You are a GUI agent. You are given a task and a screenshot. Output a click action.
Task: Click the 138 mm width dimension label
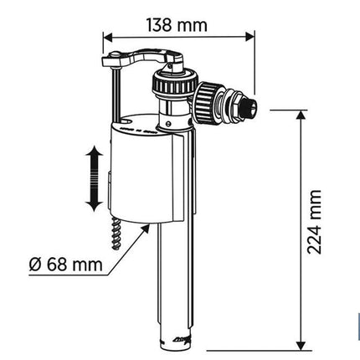pyautogui.click(x=177, y=25)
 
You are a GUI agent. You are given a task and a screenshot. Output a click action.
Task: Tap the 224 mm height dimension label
pyautogui.click(x=314, y=222)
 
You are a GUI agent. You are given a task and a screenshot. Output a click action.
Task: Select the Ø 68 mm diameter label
pyautogui.click(x=66, y=264)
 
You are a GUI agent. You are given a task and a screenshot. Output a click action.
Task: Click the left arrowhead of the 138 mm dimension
pyautogui.click(x=108, y=36)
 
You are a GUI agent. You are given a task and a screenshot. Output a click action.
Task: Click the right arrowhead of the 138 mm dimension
pyautogui.click(x=250, y=36)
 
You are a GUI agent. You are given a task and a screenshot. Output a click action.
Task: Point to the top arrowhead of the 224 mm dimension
pyautogui.click(x=301, y=115)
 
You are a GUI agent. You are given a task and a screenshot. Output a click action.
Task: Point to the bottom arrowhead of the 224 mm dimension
pyautogui.click(x=301, y=346)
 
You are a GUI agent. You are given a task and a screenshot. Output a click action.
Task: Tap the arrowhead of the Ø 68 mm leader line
pyautogui.click(x=146, y=228)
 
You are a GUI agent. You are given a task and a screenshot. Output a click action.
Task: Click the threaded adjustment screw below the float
pyautogui.click(x=116, y=234)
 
